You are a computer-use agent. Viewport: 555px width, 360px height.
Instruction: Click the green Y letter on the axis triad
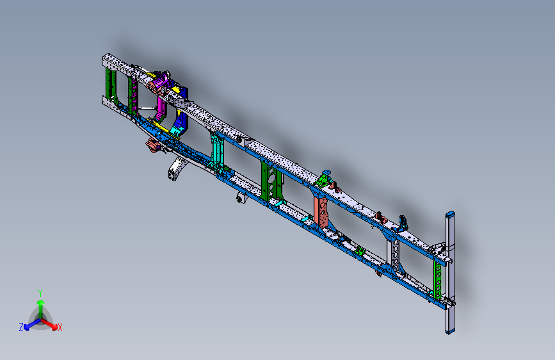[x=40, y=292]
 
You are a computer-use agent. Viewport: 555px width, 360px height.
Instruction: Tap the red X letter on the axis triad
[x=60, y=328]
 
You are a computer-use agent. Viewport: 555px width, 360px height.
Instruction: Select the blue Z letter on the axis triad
[x=21, y=327]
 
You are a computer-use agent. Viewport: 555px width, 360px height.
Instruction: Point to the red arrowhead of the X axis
[x=53, y=325]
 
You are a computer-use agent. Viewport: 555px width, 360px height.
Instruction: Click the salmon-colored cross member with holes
[x=322, y=211]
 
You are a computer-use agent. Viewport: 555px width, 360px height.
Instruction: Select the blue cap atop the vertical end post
[x=451, y=214]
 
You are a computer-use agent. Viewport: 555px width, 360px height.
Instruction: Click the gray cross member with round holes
[x=396, y=256]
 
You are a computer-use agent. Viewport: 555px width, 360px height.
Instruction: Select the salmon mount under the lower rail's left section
[x=152, y=145]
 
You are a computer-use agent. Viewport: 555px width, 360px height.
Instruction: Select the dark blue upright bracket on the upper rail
[x=404, y=223]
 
